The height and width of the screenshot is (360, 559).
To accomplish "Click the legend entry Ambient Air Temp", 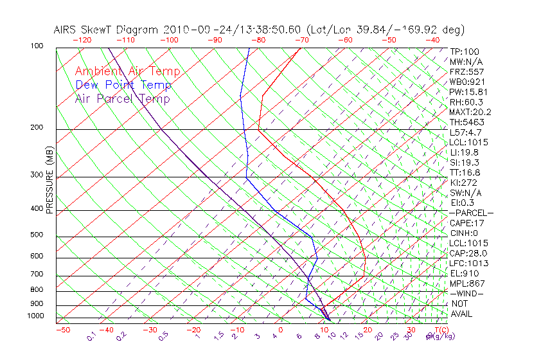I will [x=127, y=71].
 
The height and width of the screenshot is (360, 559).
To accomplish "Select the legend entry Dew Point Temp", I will [x=123, y=85].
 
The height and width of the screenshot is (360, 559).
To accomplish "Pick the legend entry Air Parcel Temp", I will [x=122, y=98].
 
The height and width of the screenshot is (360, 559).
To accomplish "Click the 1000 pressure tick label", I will [x=36, y=316].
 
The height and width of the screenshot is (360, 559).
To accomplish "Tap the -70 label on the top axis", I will [x=301, y=40].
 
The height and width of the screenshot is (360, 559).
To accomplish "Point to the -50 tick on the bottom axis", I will [x=62, y=330].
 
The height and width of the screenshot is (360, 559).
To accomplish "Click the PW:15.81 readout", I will [x=468, y=92].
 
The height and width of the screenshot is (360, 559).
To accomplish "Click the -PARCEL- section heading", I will [x=471, y=213].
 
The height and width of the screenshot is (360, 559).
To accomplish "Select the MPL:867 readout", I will [x=466, y=283].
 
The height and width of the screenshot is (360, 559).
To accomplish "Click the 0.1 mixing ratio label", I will [x=91, y=336].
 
